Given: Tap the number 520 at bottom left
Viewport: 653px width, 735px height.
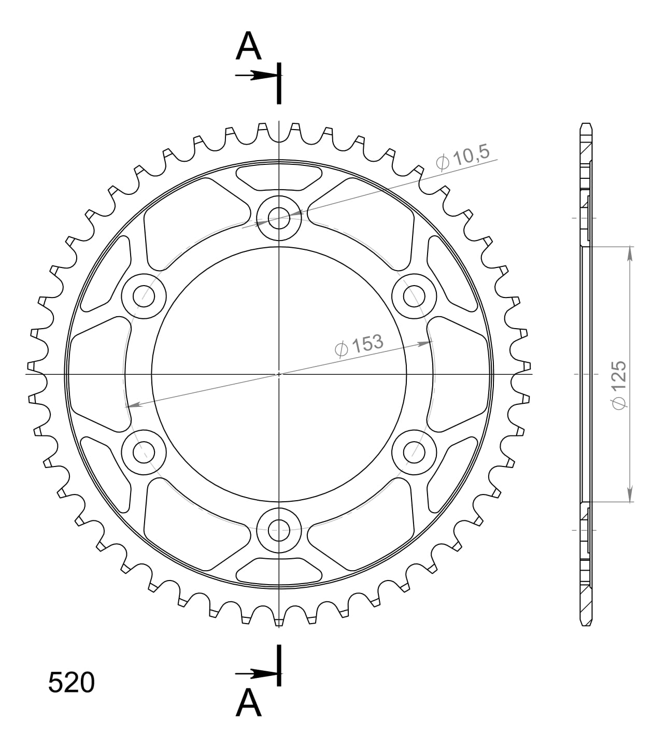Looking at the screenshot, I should pyautogui.click(x=72, y=683).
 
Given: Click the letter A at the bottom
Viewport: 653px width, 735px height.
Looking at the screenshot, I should pyautogui.click(x=248, y=703).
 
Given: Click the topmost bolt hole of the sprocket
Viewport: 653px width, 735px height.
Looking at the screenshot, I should pyautogui.click(x=279, y=218).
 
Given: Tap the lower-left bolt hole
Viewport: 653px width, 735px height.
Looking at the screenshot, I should pyautogui.click(x=144, y=451).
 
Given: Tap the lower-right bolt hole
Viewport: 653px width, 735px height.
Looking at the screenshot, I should pyautogui.click(x=414, y=451).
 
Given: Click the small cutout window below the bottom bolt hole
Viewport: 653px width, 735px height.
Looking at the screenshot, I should pyautogui.click(x=279, y=570).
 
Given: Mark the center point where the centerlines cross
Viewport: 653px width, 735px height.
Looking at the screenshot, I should pyautogui.click(x=279, y=374).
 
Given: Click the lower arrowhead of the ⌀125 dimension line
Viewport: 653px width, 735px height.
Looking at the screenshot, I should pyautogui.click(x=630, y=495).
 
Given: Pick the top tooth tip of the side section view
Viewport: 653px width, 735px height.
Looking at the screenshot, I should pyautogui.click(x=586, y=125).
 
